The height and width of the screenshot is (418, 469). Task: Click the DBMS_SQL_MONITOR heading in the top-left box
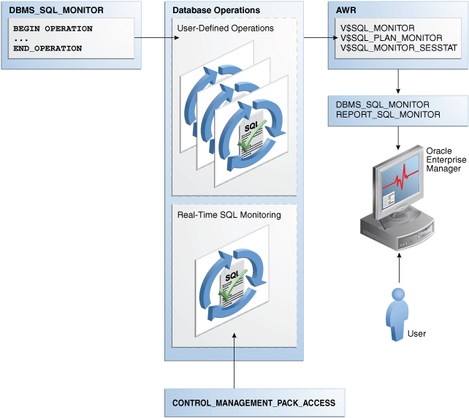[47, 11]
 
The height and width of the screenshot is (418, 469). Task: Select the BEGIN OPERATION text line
[53, 28]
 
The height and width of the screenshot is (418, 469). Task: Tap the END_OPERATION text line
[47, 48]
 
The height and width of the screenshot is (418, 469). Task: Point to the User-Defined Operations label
[226, 28]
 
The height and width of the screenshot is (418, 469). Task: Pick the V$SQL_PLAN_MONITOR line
[391, 37]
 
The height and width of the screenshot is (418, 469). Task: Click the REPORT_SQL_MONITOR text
[388, 115]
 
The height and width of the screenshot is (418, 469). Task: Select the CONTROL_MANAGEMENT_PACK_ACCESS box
[253, 403]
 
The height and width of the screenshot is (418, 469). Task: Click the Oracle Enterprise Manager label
[443, 159]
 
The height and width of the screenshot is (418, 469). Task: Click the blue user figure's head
[399, 294]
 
